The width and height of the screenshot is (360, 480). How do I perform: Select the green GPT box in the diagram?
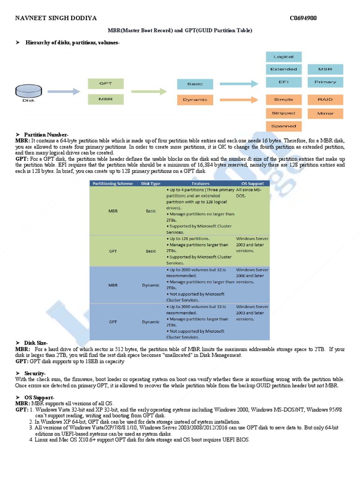(x=105, y=83)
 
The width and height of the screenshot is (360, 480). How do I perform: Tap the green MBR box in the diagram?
(x=105, y=99)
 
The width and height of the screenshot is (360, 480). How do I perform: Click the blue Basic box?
(x=195, y=84)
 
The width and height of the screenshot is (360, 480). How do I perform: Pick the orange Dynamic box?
(x=195, y=100)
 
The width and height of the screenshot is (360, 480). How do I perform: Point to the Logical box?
(x=284, y=57)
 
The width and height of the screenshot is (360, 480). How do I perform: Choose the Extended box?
(x=284, y=69)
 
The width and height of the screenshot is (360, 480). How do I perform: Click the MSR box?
(x=325, y=69)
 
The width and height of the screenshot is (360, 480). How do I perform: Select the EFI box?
(x=284, y=82)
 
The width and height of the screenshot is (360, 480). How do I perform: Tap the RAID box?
(x=325, y=99)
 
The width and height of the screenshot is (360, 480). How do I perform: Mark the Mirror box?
(x=325, y=113)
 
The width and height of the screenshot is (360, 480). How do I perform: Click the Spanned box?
(x=284, y=126)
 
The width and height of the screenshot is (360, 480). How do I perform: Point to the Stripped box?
(x=284, y=113)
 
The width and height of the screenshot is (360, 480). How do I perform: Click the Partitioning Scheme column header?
(x=112, y=183)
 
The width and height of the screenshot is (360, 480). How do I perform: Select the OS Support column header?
(x=252, y=183)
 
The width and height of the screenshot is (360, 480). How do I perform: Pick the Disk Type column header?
(x=150, y=183)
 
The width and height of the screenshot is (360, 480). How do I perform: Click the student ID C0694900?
(x=303, y=18)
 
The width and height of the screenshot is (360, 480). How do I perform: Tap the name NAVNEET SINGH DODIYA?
(x=56, y=18)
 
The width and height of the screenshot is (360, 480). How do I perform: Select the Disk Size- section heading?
(x=36, y=343)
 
